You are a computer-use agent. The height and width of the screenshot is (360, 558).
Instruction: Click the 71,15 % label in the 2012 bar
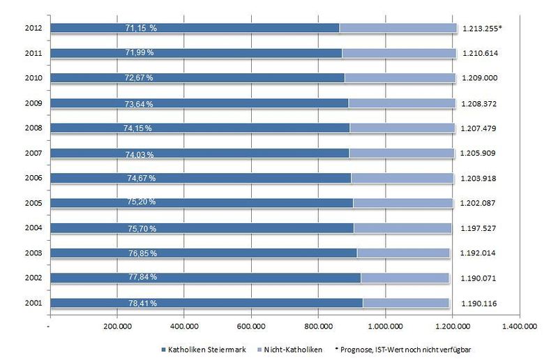pyautogui.click(x=137, y=28)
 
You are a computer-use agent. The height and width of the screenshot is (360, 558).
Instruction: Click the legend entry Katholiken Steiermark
pyautogui.click(x=198, y=347)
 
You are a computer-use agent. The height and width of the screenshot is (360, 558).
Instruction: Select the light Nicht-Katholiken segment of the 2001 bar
pyautogui.click(x=406, y=303)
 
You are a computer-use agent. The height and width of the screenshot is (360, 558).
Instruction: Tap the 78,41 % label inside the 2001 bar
pyautogui.click(x=137, y=303)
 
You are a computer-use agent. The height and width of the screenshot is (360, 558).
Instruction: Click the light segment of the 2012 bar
pyautogui.click(x=398, y=28)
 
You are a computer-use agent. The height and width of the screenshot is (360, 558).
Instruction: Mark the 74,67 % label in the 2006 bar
pyautogui.click(x=137, y=178)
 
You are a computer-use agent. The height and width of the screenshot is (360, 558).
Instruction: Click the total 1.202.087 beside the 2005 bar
pyautogui.click(x=481, y=203)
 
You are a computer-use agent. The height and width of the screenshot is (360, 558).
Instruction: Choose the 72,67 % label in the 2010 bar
pyautogui.click(x=137, y=78)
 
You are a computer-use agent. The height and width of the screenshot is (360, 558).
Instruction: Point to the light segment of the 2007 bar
pyautogui.click(x=402, y=153)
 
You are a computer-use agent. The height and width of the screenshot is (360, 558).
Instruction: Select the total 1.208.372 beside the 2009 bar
pyautogui.click(x=481, y=103)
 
